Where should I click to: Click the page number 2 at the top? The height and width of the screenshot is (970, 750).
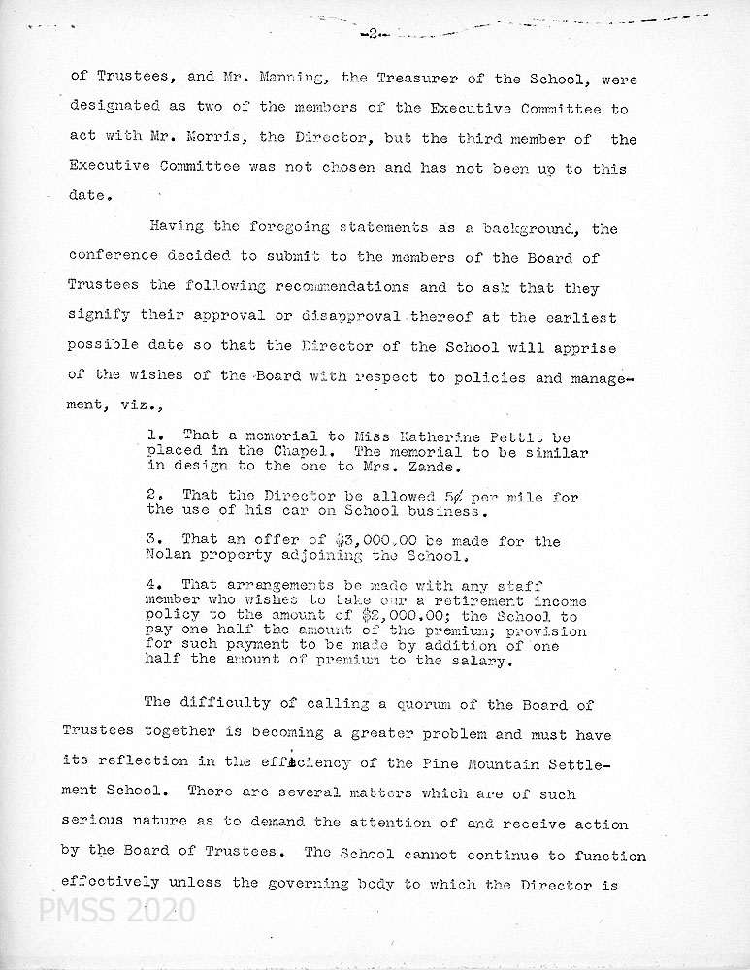point(373,33)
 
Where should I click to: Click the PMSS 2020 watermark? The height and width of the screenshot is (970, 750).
point(102,912)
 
